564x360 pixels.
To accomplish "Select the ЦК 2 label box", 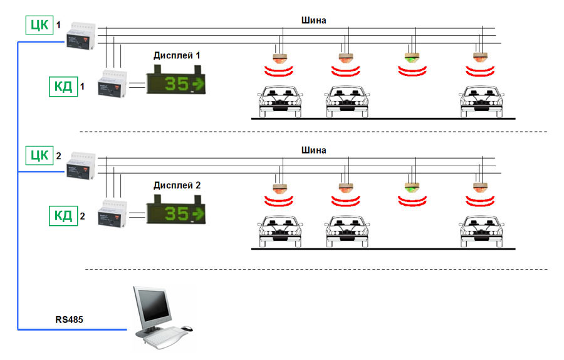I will [x=39, y=155].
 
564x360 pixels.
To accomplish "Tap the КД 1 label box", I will [x=63, y=86].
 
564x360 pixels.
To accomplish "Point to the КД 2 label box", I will [x=63, y=217].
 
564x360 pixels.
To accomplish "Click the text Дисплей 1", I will [x=176, y=56].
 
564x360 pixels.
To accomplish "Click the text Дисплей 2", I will [x=176, y=186].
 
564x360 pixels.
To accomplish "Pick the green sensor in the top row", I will [x=411, y=58].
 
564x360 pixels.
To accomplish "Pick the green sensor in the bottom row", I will [x=411, y=188].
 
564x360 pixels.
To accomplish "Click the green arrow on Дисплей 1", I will [x=198, y=83].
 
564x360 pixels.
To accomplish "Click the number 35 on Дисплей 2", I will [x=176, y=214].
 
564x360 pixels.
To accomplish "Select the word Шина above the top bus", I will [x=313, y=20].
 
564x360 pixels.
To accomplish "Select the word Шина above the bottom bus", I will [x=313, y=151].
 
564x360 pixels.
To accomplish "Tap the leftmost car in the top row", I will [x=280, y=100].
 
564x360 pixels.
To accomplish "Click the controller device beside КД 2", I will [x=113, y=213].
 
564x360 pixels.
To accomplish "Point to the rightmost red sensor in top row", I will [x=481, y=58].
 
